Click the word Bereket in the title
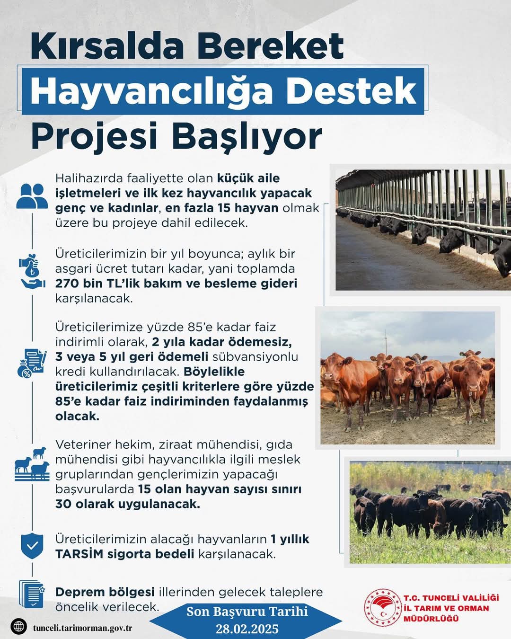click(270, 46)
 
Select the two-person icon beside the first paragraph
click(32, 196)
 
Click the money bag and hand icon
click(32, 272)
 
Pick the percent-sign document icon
click(32, 364)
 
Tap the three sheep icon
click(32, 463)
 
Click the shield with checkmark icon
click(32, 546)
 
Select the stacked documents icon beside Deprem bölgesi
click(32, 594)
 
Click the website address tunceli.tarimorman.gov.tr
click(82, 628)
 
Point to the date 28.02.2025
click(247, 629)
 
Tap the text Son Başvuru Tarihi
click(247, 611)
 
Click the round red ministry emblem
click(382, 608)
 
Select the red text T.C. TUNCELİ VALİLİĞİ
click(451, 598)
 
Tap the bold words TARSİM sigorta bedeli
click(124, 554)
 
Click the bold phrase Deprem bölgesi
click(105, 592)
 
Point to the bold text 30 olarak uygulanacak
click(127, 504)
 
